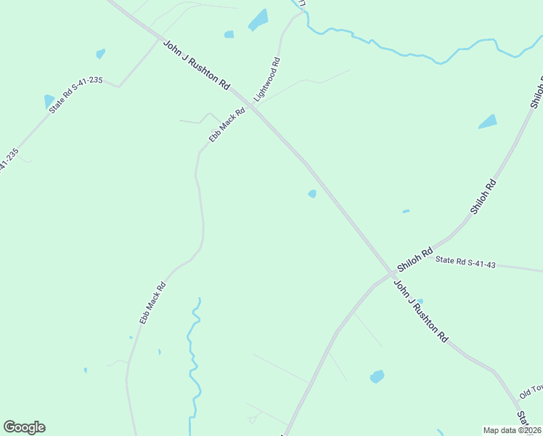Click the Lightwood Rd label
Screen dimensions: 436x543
[266, 78]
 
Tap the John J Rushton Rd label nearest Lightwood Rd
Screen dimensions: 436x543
[196, 65]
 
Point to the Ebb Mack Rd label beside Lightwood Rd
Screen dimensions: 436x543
[227, 126]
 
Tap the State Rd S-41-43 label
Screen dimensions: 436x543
[465, 262]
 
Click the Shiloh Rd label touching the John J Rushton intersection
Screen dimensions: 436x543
[415, 257]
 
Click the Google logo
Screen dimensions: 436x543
[24, 427]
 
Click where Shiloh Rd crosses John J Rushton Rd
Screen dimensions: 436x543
[391, 274]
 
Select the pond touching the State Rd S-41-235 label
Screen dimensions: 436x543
[49, 100]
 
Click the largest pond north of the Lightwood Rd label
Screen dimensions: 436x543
[258, 20]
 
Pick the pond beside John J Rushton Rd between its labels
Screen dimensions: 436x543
[312, 193]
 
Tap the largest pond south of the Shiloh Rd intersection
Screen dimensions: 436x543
[377, 376]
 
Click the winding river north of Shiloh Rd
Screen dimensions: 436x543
[407, 53]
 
